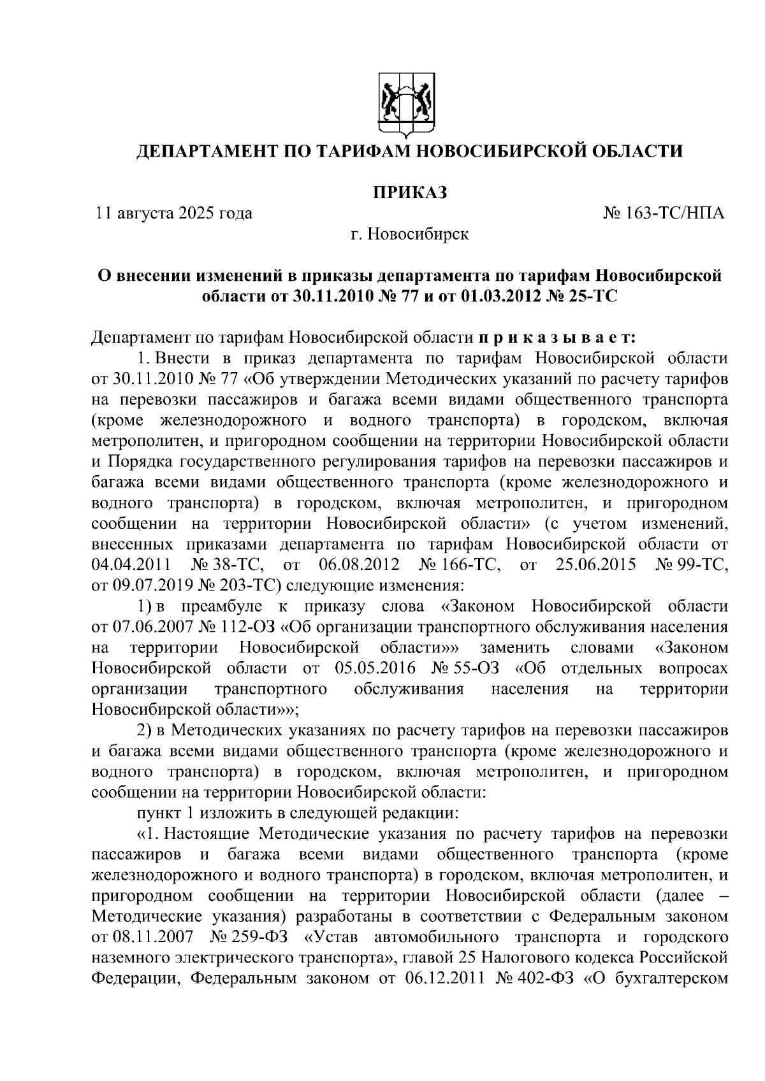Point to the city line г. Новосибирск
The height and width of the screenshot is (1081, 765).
pos(409,234)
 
